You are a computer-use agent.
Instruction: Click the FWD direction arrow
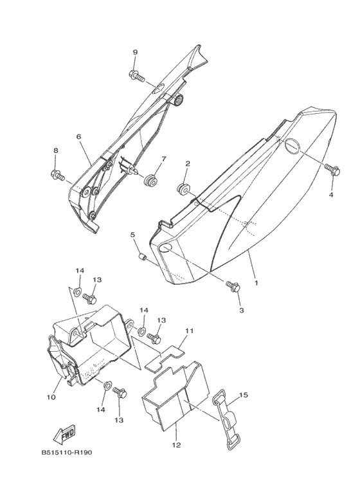[x=64, y=433]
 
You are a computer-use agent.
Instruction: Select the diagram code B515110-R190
[x=67, y=452]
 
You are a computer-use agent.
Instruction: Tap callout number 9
[x=135, y=53]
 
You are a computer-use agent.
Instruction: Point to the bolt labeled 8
[x=58, y=174]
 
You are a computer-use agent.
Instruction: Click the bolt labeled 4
[x=332, y=169]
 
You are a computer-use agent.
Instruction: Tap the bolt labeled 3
[x=233, y=286]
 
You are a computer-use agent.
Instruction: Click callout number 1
[x=256, y=282]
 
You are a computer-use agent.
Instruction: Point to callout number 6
[x=78, y=136]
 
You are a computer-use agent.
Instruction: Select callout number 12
[x=177, y=445]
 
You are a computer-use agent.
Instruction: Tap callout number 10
[x=51, y=397]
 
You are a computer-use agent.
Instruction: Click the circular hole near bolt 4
[x=292, y=146]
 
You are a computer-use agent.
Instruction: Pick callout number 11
[x=189, y=330]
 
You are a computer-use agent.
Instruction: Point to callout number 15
[x=244, y=395]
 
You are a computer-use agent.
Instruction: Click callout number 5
[x=132, y=235]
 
